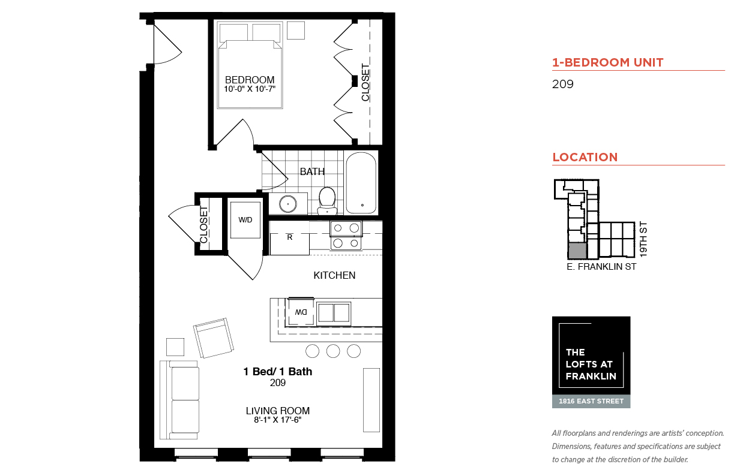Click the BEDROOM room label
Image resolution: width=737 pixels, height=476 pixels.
[x=250, y=80]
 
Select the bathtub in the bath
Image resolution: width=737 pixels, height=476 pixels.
[x=361, y=183]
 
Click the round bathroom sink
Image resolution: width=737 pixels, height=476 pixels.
[x=288, y=204]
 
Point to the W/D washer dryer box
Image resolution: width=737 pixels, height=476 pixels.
[x=245, y=220]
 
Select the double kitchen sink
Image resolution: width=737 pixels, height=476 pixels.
[x=334, y=312]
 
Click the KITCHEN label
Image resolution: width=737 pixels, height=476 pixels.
[x=334, y=276]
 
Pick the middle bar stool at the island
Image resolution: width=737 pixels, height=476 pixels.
[x=333, y=351]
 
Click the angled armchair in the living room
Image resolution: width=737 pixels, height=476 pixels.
[x=214, y=338]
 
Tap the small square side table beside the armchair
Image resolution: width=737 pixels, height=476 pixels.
[x=175, y=347]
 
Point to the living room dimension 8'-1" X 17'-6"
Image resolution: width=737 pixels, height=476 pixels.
[x=278, y=420]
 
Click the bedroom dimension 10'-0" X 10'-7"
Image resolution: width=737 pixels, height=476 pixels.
[x=250, y=89]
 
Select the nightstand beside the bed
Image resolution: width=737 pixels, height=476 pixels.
[x=296, y=30]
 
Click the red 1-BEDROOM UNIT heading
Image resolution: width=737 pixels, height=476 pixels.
[x=607, y=62]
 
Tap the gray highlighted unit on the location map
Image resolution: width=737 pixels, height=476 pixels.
[x=577, y=251]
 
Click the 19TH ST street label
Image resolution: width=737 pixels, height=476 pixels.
[x=643, y=239]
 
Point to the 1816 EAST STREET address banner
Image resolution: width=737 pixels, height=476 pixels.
[x=591, y=402]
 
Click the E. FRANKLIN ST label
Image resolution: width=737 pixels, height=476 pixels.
[x=601, y=267]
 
